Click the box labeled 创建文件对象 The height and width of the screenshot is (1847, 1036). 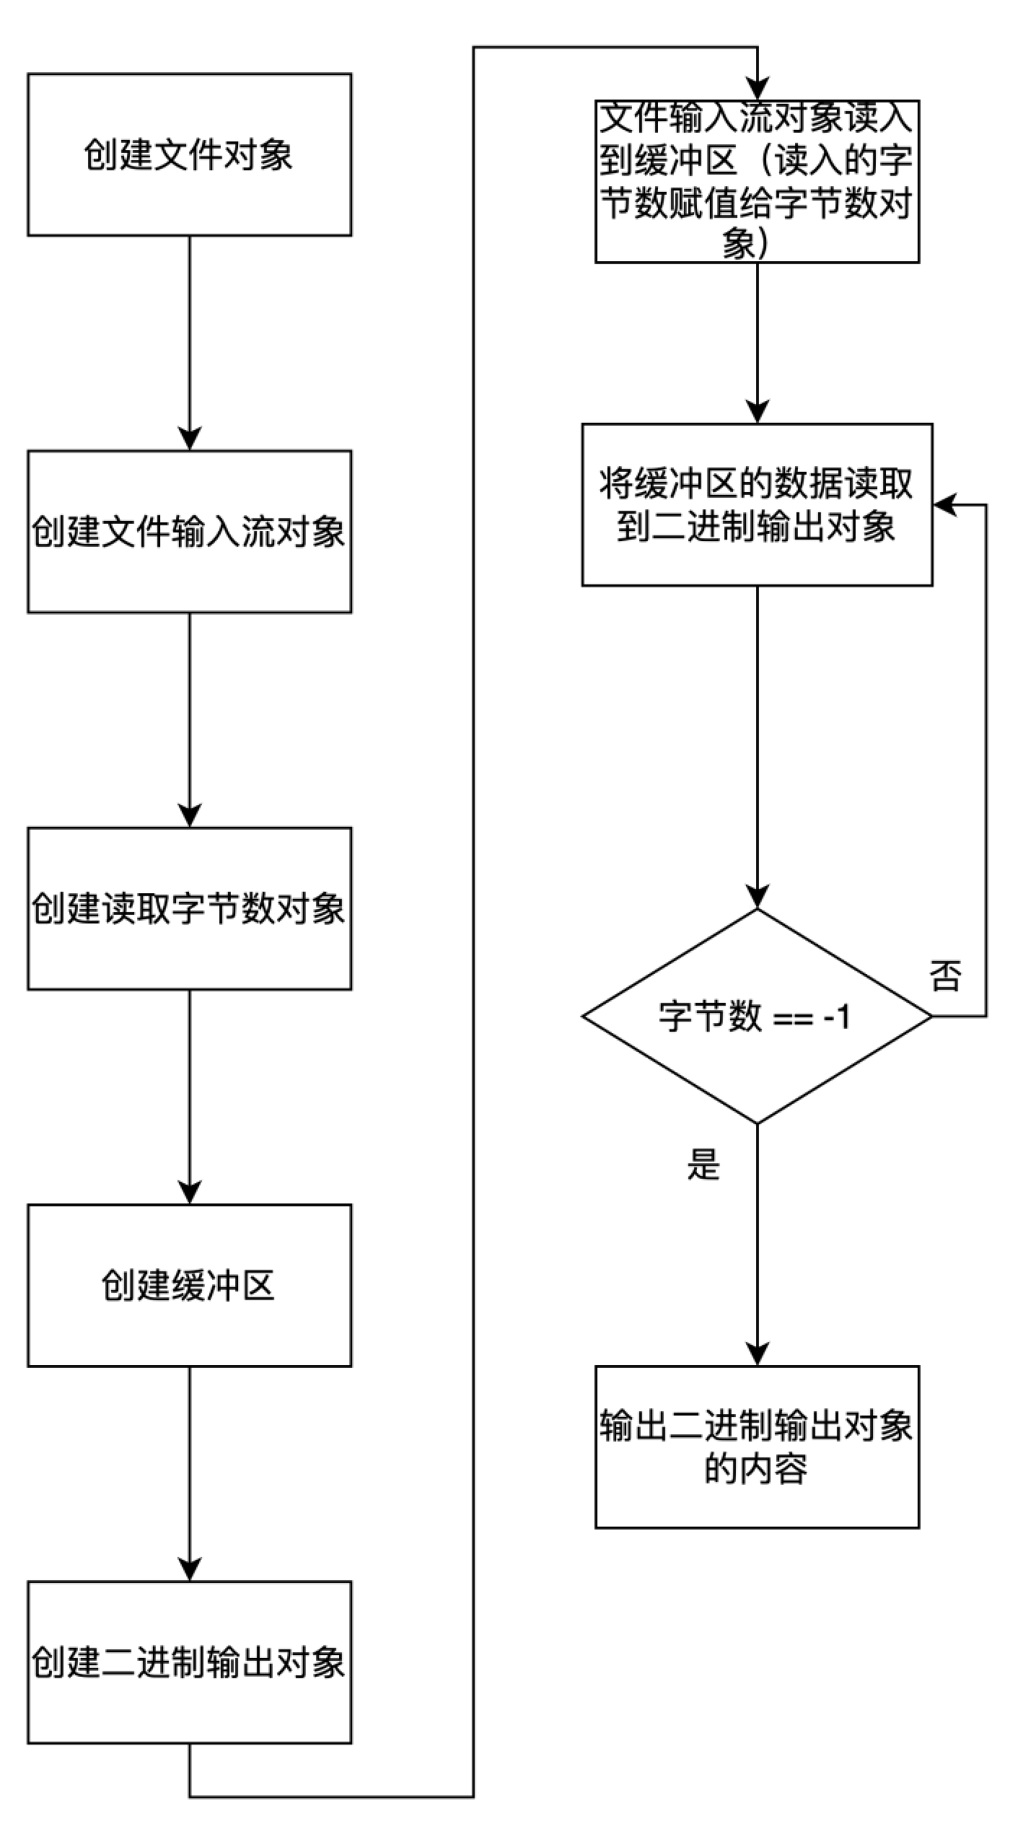click(x=189, y=154)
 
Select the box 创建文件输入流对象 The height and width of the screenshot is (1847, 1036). click(x=189, y=532)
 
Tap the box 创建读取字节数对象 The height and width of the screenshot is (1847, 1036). click(x=189, y=908)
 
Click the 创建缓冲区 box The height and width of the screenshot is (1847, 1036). click(x=189, y=1286)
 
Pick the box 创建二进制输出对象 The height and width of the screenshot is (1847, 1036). click(x=189, y=1662)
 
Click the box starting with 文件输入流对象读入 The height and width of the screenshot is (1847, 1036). click(x=757, y=181)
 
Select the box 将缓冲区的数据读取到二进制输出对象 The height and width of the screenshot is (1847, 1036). click(x=757, y=504)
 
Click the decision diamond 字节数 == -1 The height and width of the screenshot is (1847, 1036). click(x=757, y=1016)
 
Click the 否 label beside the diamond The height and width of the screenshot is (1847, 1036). click(x=945, y=976)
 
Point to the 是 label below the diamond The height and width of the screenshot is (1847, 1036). click(x=703, y=1164)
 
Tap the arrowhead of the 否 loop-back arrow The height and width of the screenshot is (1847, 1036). click(x=944, y=504)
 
